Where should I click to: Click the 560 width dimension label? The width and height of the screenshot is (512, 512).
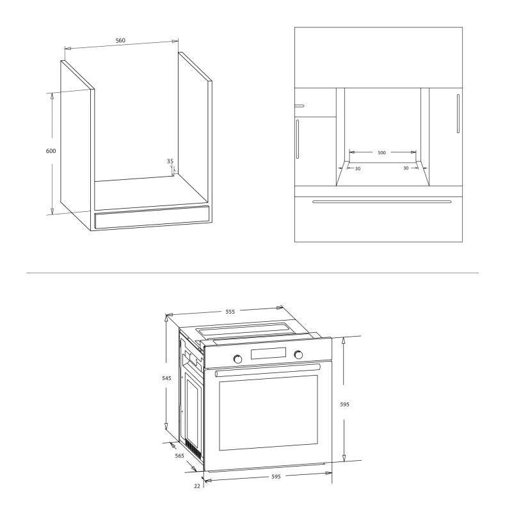(x=120, y=40)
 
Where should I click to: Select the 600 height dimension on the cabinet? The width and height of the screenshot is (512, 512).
(x=51, y=151)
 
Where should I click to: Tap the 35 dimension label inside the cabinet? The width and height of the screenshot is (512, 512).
(x=170, y=161)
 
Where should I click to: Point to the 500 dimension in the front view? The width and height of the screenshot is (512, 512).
(x=381, y=152)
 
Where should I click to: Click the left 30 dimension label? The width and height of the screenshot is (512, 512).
(x=358, y=168)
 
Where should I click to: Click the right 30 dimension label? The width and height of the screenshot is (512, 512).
(x=406, y=168)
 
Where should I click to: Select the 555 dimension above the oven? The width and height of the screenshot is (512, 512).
(x=230, y=312)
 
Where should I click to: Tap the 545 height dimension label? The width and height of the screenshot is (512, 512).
(x=166, y=378)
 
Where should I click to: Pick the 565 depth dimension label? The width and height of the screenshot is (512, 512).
(x=180, y=456)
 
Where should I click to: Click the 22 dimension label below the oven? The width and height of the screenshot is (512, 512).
(x=197, y=486)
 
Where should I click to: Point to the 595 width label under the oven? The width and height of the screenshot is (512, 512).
(x=276, y=476)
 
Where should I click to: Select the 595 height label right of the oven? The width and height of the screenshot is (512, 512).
(x=345, y=404)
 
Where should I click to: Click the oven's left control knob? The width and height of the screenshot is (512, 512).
(x=238, y=359)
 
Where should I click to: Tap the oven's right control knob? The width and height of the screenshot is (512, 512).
(x=298, y=355)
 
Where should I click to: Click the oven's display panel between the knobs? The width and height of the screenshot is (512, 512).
(x=268, y=353)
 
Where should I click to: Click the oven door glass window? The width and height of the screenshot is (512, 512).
(x=268, y=413)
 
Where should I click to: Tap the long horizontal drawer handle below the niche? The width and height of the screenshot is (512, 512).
(x=381, y=202)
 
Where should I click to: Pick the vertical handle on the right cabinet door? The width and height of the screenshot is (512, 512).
(x=458, y=114)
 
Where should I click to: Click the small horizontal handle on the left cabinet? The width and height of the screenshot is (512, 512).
(x=300, y=106)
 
